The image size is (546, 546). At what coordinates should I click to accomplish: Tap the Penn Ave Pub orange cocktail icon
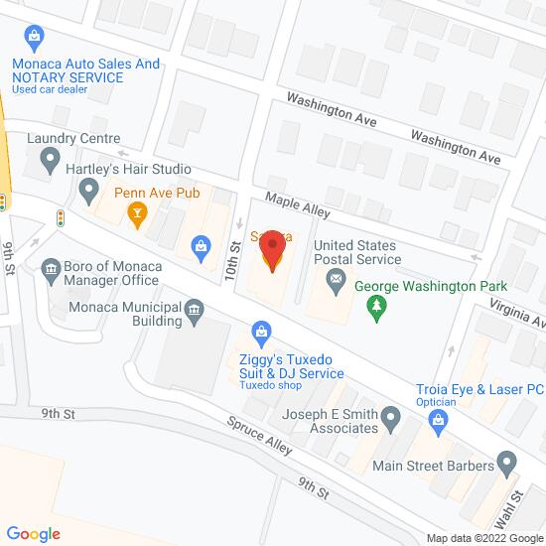point(138,210)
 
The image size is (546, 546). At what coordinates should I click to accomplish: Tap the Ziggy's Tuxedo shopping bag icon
point(260,329)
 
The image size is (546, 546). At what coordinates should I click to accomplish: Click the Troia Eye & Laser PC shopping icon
point(438,420)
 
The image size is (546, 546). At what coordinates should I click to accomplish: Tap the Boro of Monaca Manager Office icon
point(50,267)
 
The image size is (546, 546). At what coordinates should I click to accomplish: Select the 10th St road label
point(234,259)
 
